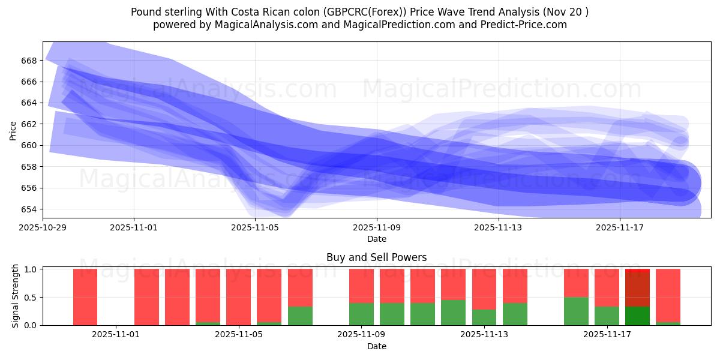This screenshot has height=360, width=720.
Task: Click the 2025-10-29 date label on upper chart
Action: [x=43, y=227]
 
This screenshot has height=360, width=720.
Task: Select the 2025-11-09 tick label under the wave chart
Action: [x=377, y=227]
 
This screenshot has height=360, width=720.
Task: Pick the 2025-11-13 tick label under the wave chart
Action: [x=498, y=227]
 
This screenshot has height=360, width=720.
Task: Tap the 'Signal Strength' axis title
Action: [x=16, y=296]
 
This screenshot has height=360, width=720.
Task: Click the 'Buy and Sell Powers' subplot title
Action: [x=376, y=257]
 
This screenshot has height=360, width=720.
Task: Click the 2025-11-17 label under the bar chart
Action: [x=607, y=334]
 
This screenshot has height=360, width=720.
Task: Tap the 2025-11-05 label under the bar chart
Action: [x=239, y=334]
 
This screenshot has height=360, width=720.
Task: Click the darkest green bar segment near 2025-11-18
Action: [x=637, y=316]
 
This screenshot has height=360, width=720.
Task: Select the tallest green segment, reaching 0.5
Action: [x=576, y=311]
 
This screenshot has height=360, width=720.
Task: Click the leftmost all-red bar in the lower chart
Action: [x=85, y=297]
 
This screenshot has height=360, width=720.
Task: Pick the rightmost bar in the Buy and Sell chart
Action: [x=668, y=297]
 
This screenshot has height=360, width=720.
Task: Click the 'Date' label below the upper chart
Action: [x=376, y=239]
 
